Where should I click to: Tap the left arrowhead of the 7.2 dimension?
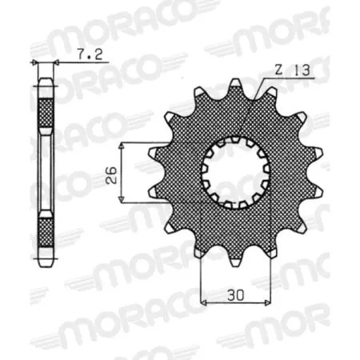coord(34,63)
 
